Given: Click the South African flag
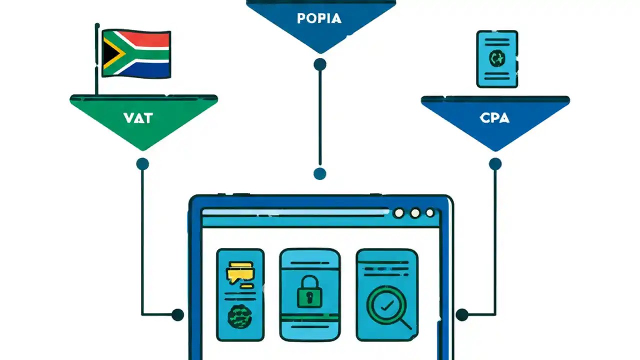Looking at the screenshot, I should (136, 54).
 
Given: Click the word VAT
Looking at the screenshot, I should (137, 118).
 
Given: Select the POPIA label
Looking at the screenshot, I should (319, 18).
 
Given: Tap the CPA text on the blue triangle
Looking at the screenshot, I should (494, 118).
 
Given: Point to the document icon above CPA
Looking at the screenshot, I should (497, 59).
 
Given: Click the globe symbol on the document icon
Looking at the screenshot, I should (497, 58).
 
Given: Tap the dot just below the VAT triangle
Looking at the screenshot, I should (142, 163).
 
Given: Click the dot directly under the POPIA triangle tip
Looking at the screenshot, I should (319, 64).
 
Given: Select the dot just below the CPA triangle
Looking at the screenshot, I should (495, 163).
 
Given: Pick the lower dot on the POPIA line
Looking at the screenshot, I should (319, 173).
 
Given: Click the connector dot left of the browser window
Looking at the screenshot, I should (177, 314).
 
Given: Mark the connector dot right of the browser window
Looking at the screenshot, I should (461, 314).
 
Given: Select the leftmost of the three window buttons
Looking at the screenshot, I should (398, 213).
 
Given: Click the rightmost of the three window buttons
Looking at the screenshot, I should (429, 213).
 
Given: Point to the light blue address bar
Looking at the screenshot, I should (295, 212).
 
